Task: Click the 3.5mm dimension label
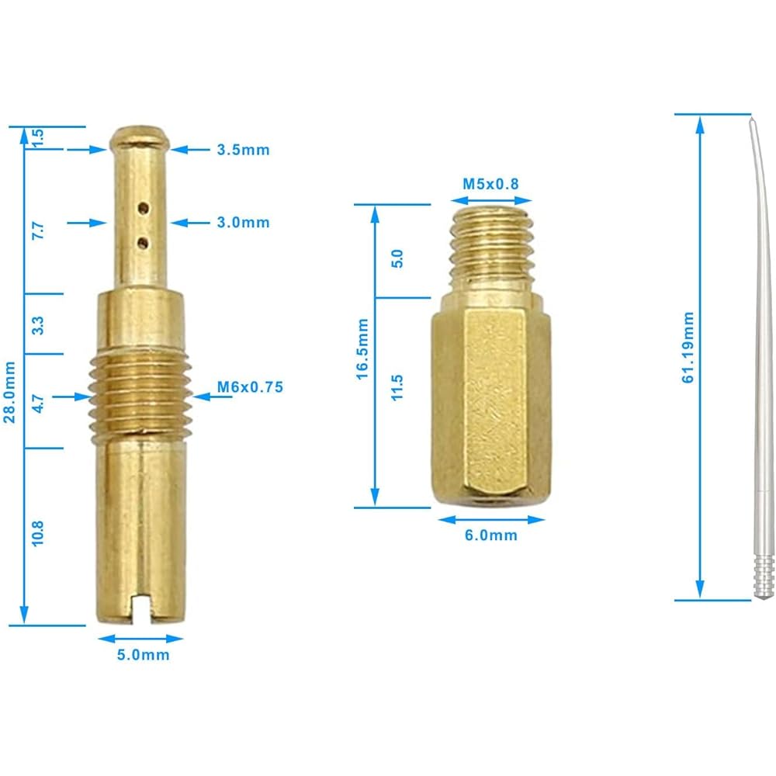coord(243,150)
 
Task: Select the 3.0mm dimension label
coord(243,222)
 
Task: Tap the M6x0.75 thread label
coord(250,386)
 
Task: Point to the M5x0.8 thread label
coord(490,184)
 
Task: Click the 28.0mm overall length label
coord(9,392)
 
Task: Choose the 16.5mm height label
coord(362,349)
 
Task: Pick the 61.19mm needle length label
coord(688,348)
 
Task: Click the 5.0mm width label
coord(143,655)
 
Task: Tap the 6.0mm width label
coord(490,535)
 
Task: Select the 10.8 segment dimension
coord(37,533)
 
